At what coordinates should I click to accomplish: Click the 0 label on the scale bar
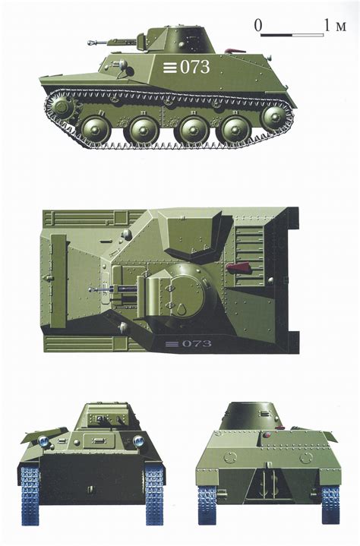pyautogui.click(x=258, y=26)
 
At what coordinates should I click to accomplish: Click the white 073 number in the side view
pyautogui.click(x=194, y=67)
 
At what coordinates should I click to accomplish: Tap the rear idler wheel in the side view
pyautogui.click(x=275, y=116)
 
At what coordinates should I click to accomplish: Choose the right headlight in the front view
pyautogui.click(x=139, y=441)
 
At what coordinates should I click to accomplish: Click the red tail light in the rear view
pyautogui.click(x=266, y=436)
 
